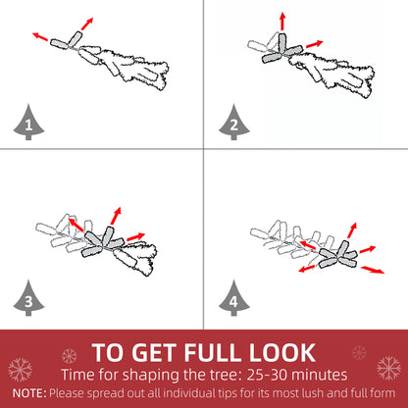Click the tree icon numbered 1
[28, 123]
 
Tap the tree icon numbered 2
[233, 123]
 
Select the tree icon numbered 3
[28, 298]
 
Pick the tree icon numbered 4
[233, 298]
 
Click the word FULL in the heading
[213, 352]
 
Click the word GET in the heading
[154, 352]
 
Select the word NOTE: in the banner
[29, 392]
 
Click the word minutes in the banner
[319, 375]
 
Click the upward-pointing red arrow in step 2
[282, 22]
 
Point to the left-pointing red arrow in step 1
[40, 36]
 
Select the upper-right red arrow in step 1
[87, 24]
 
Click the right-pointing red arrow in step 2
[315, 44]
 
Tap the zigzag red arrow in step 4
[373, 270]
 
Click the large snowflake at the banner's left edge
[20, 370]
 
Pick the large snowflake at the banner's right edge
[389, 368]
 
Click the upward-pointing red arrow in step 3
[116, 216]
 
